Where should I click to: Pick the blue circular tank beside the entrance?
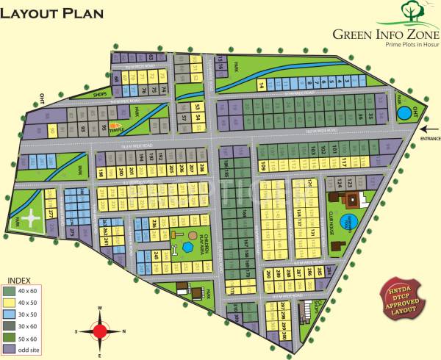pos(404,113)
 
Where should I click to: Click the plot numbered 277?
pos(51,213)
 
